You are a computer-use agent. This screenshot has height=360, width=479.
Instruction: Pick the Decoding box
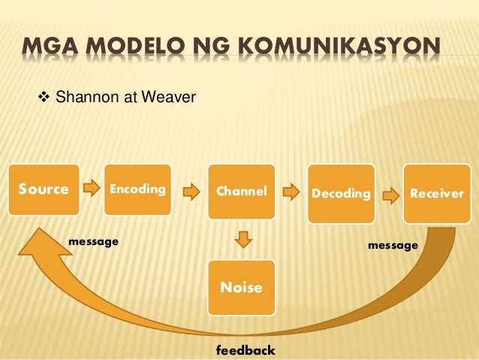[342, 193]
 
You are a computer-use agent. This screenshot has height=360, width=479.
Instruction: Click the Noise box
[241, 287]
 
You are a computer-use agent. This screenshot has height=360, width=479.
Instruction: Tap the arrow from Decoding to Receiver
[390, 195]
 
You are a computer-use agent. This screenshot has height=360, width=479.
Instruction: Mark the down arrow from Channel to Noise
[242, 240]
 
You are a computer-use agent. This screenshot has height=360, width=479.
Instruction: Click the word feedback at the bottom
[246, 350]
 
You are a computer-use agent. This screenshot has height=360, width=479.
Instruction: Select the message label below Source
[94, 241]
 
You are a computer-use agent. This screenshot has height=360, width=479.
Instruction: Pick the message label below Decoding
[393, 245]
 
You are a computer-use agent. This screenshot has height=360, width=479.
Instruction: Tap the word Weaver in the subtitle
[170, 96]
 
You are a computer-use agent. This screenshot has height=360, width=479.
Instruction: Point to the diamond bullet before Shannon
[43, 96]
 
